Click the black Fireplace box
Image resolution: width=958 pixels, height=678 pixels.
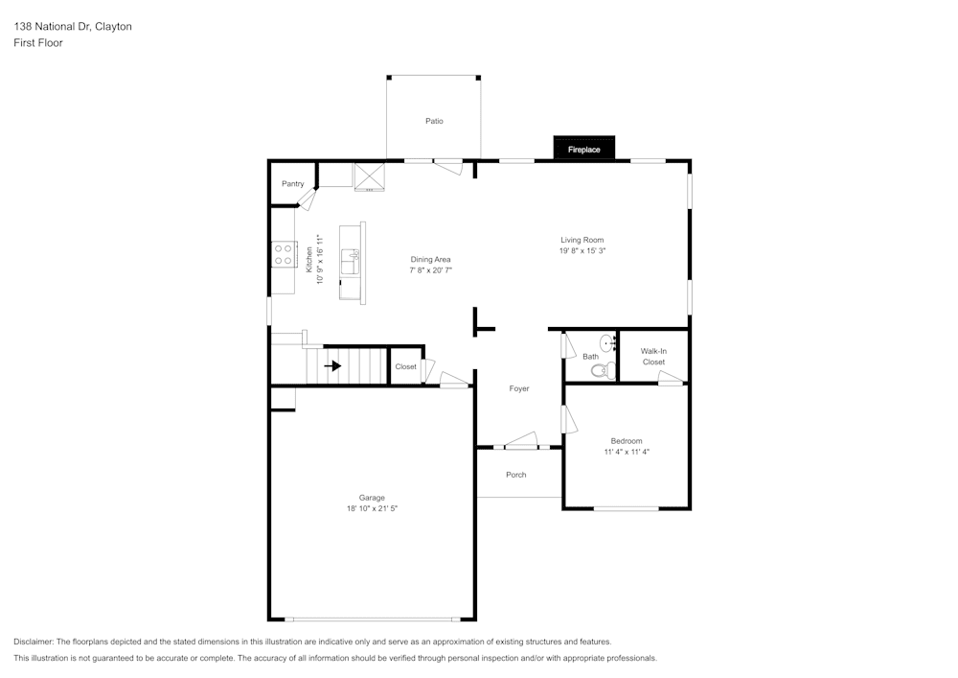583,149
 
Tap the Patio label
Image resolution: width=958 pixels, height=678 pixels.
434,121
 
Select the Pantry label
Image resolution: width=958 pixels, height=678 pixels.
292,183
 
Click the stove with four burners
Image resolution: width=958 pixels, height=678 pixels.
284,255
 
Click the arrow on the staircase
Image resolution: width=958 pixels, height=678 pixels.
332,365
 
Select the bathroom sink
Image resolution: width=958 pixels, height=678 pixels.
606,342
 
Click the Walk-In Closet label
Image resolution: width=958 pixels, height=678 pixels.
653,357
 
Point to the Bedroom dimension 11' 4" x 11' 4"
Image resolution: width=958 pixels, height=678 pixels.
627,452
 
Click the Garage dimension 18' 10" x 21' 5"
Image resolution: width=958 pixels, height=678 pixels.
372,508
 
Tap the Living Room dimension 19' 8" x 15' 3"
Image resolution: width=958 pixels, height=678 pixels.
582,250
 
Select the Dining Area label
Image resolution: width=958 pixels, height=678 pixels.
430,259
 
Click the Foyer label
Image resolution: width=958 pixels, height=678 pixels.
518,388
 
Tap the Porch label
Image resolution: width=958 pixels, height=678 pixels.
515,475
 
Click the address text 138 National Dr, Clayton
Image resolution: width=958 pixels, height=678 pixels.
73,27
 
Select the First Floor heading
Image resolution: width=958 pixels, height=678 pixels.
38,43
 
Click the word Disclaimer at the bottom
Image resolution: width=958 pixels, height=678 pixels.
34,642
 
